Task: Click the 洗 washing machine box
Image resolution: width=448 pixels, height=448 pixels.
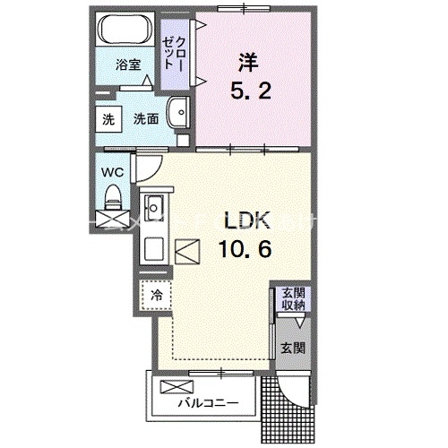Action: click(108, 118)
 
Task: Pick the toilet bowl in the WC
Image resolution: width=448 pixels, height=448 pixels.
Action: click(114, 194)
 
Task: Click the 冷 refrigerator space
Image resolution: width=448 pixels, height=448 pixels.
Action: click(155, 294)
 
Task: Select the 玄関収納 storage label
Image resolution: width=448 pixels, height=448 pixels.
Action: click(293, 299)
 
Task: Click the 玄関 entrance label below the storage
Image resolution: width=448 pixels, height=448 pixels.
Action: click(293, 348)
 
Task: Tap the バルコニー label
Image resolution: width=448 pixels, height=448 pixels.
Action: click(207, 403)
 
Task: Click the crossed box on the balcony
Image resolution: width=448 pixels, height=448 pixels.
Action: click(170, 388)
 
